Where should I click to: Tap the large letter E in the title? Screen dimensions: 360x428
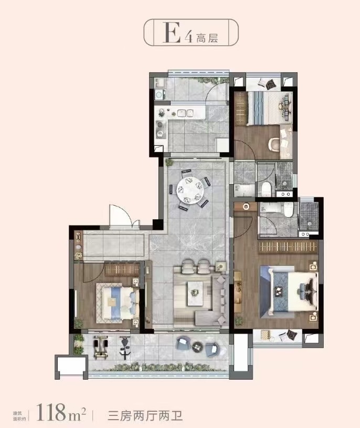[171, 33]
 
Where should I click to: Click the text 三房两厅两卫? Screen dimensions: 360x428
[145, 416]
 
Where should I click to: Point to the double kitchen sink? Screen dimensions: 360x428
[185, 113]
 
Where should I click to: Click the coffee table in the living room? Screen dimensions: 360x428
[195, 293]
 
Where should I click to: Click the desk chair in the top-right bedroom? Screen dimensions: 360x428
[274, 144]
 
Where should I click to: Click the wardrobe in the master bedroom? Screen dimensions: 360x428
[288, 247]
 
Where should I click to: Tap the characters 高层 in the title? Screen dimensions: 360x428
[207, 38]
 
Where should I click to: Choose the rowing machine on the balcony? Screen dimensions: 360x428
[101, 347]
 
